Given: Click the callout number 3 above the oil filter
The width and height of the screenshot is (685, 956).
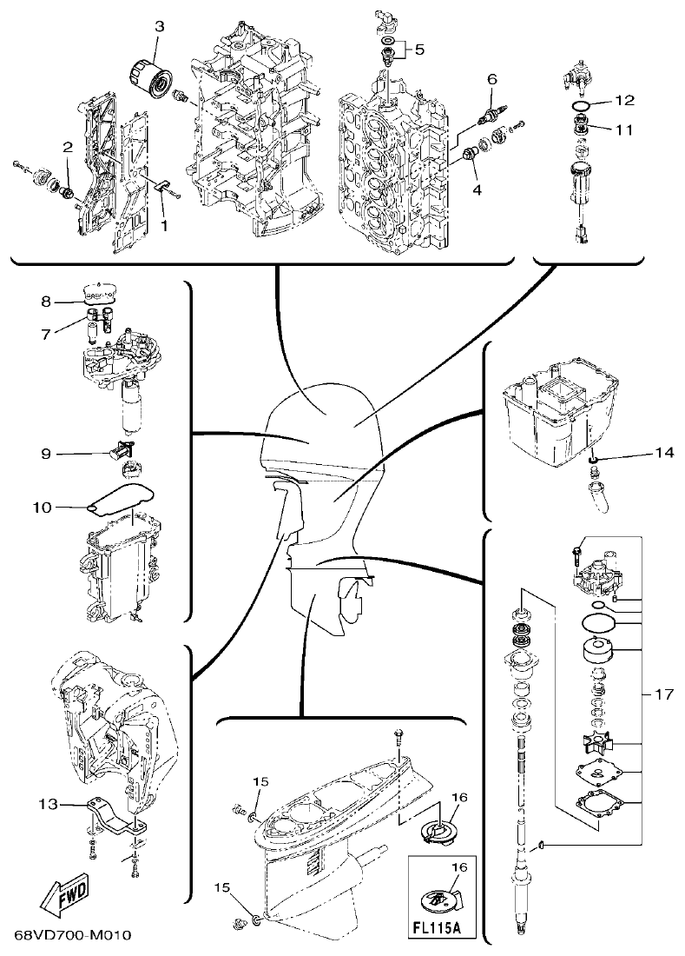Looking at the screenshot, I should tap(159, 27).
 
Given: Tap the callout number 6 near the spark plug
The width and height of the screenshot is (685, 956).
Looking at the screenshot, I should tap(491, 78).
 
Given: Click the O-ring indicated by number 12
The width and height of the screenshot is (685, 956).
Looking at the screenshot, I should tap(583, 107).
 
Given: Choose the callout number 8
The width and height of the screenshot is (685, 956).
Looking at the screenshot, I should tap(46, 302).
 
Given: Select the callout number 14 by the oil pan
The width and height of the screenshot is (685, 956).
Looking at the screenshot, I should tap(663, 453).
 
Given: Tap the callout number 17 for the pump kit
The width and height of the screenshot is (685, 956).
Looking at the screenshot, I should tap(664, 694).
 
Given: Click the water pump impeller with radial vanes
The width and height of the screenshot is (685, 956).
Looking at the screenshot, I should tap(598, 743).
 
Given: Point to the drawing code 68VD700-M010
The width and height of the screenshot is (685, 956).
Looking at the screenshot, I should tap(72, 936).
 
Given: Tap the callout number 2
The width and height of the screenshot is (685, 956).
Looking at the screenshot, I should tap(67, 149).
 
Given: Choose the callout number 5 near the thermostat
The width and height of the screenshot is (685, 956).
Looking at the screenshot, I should tap(419, 50).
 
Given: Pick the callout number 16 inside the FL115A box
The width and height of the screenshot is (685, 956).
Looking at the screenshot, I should tap(460, 866).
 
